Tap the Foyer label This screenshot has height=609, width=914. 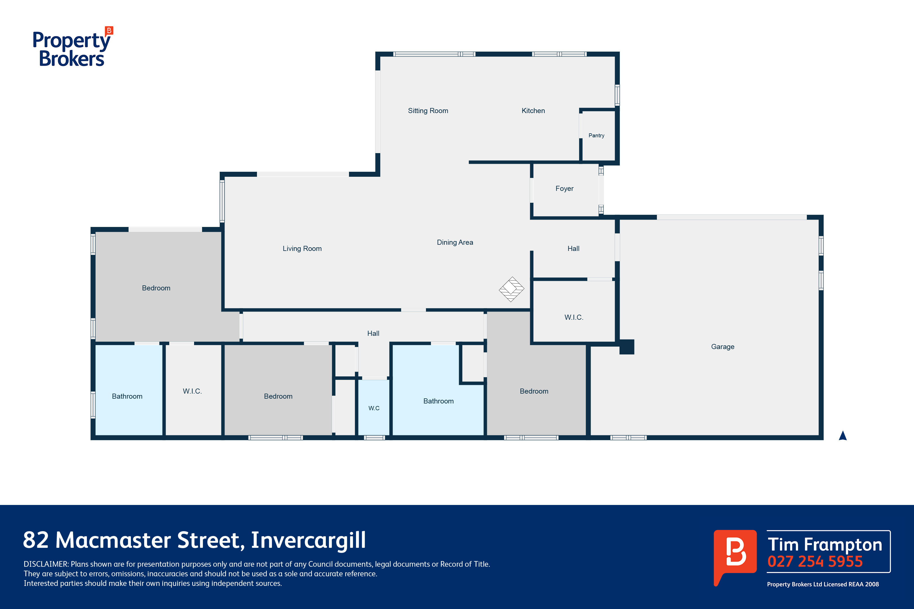(564, 188)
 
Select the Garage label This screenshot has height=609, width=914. (722, 347)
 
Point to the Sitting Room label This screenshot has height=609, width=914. (428, 111)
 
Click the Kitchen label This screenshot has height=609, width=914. (533, 111)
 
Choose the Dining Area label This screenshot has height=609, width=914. (455, 242)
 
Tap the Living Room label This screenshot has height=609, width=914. (302, 249)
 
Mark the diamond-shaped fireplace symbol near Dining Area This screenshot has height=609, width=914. (511, 289)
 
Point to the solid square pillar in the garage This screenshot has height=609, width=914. (627, 347)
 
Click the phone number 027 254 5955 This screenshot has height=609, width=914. (815, 562)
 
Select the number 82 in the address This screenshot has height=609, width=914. (36, 540)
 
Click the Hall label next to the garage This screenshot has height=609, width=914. (573, 249)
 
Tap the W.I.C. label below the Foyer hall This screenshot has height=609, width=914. (574, 317)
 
